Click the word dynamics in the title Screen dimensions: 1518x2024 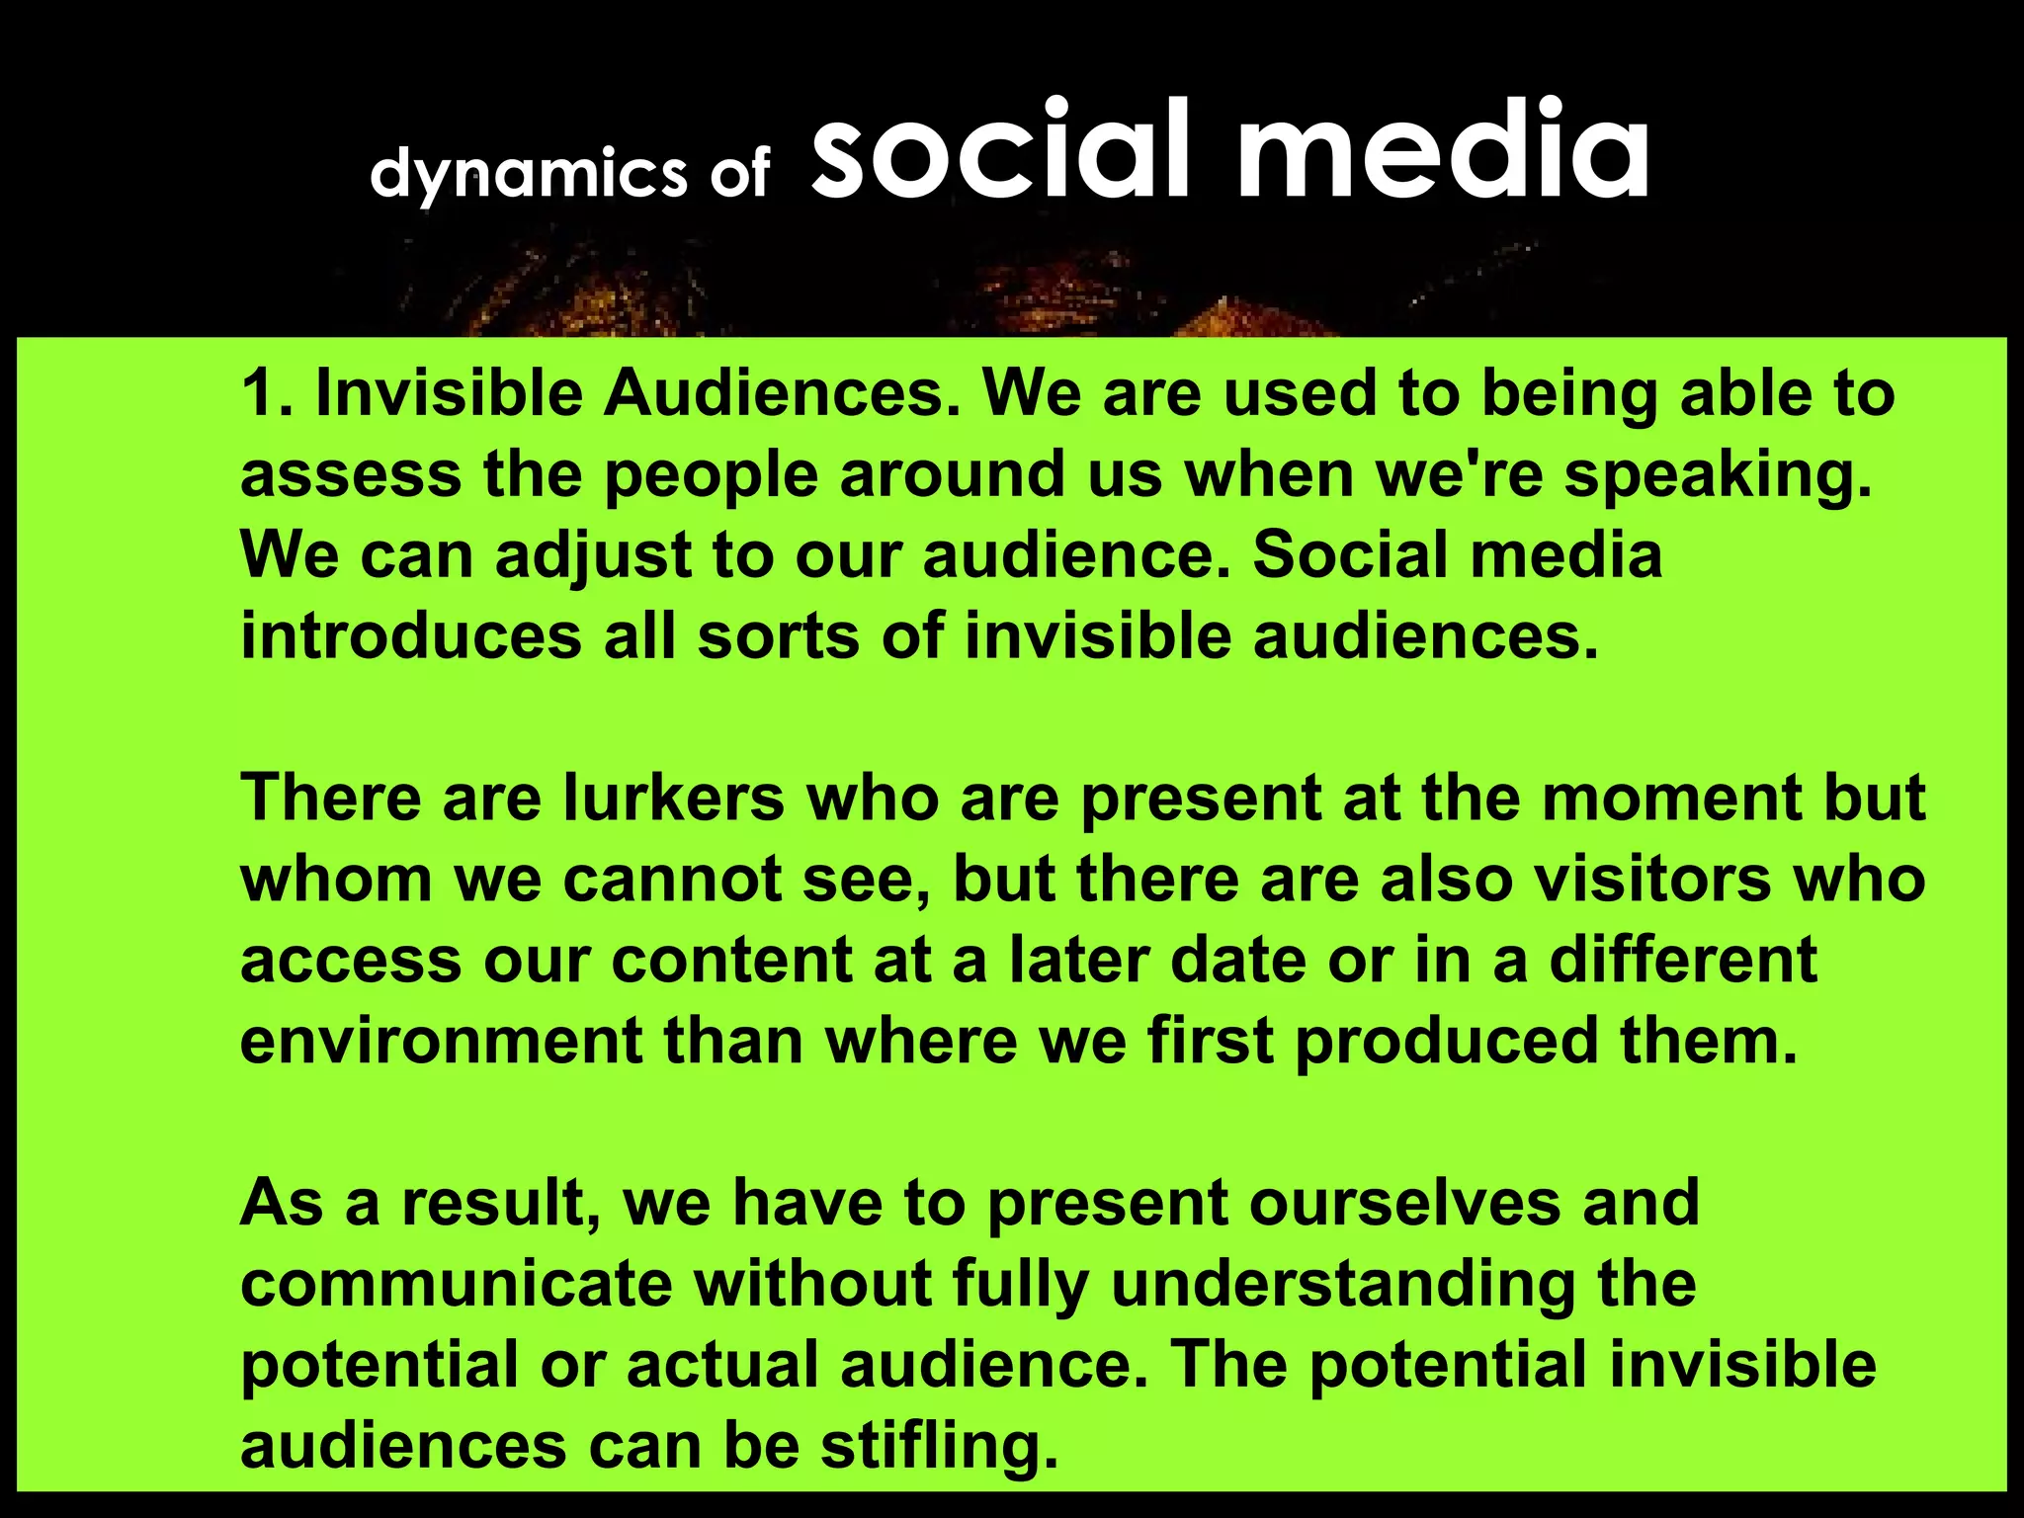click(528, 174)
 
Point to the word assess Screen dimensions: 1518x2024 click(350, 474)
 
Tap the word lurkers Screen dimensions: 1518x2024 click(673, 798)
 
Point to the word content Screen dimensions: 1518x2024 click(731, 960)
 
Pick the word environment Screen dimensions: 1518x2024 click(441, 1041)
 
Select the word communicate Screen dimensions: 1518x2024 click(456, 1284)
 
